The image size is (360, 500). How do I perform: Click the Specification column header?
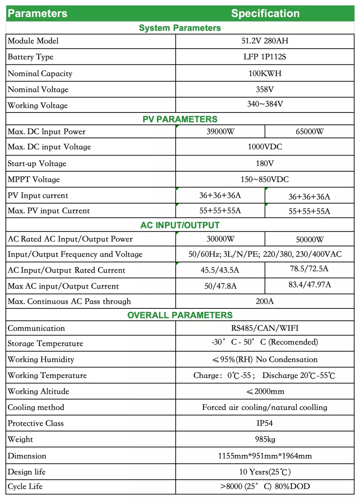[x=265, y=14]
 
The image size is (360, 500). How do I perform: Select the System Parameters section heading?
[x=180, y=28]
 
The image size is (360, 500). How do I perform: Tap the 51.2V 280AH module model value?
[x=265, y=41]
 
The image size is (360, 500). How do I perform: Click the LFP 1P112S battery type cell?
[x=265, y=57]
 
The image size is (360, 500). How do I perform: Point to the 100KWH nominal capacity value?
[x=265, y=73]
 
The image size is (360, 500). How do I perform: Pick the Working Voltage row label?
[x=38, y=105]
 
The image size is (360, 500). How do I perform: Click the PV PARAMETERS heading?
[x=180, y=119]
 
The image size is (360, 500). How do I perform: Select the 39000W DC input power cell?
[x=220, y=132]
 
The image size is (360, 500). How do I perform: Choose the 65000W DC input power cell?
[x=309, y=132]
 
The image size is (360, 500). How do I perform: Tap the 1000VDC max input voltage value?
[x=265, y=147]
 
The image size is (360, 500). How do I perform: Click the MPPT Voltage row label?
[x=34, y=180]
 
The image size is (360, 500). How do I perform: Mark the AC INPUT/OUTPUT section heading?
[x=180, y=225]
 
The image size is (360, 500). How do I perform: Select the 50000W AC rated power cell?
[x=309, y=240]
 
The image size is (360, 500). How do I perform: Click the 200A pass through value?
[x=265, y=301]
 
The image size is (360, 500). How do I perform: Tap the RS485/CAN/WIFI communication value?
[x=265, y=328]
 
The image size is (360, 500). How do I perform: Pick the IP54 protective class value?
[x=265, y=423]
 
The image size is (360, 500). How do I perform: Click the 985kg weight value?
[x=265, y=440]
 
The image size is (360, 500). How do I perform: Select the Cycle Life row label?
[x=25, y=487]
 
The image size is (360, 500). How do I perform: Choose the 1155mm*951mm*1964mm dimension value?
[x=265, y=456]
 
